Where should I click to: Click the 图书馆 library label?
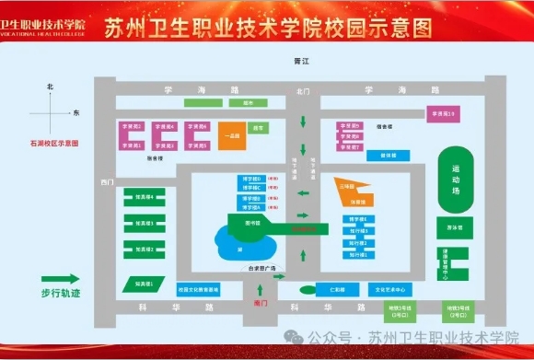tap(253, 223)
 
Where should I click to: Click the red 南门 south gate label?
tap(261, 302)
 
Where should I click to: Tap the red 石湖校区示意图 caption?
tap(54, 144)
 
